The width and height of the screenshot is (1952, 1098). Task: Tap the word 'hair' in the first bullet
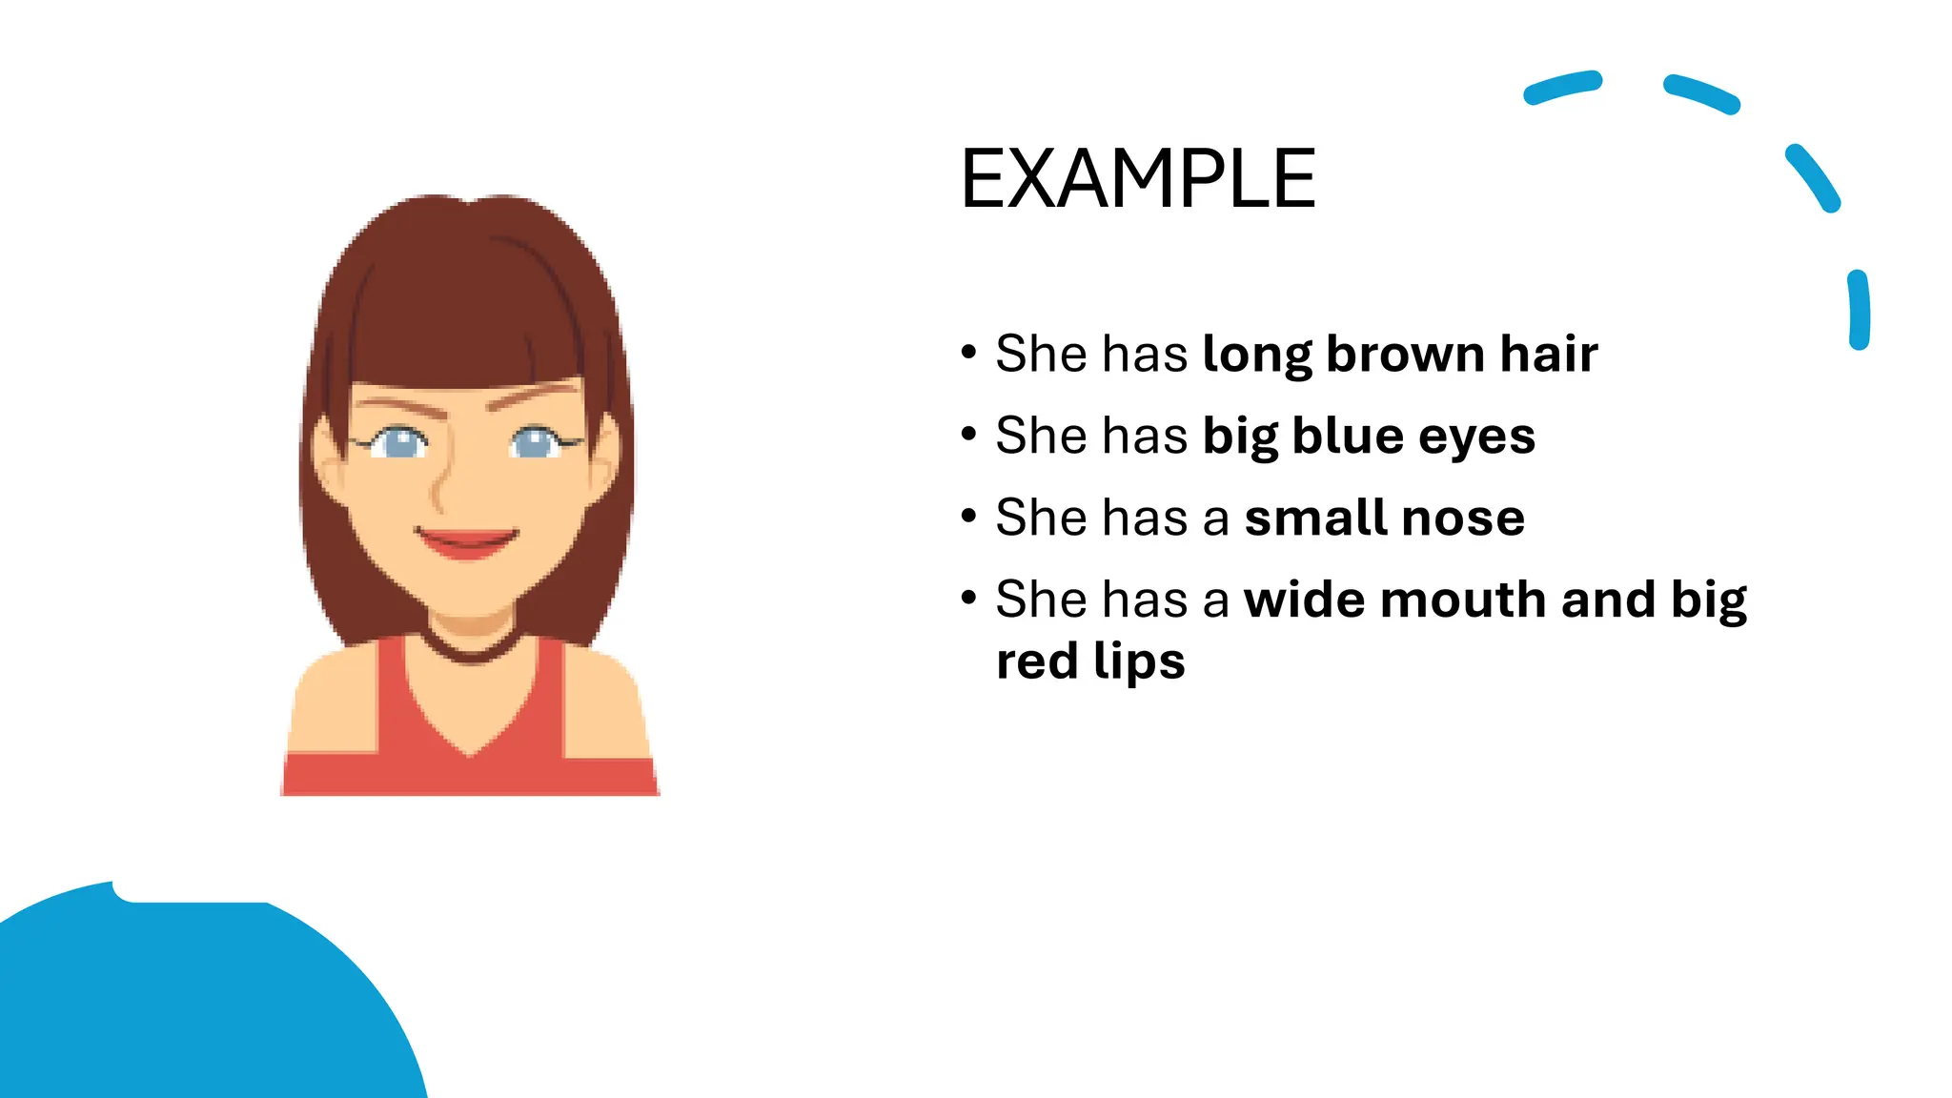1549,354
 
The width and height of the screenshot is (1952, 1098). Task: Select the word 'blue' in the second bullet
1348,436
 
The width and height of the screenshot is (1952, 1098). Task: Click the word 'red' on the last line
1037,661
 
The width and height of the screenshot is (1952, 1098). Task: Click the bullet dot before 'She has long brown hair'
969,354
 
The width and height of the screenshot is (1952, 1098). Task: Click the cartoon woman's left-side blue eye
401,442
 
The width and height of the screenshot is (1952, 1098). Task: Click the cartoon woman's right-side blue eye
535,441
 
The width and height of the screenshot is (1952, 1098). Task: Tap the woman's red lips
467,543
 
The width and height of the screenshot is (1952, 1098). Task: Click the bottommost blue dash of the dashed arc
1859,310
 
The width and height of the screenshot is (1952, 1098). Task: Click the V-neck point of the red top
469,753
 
